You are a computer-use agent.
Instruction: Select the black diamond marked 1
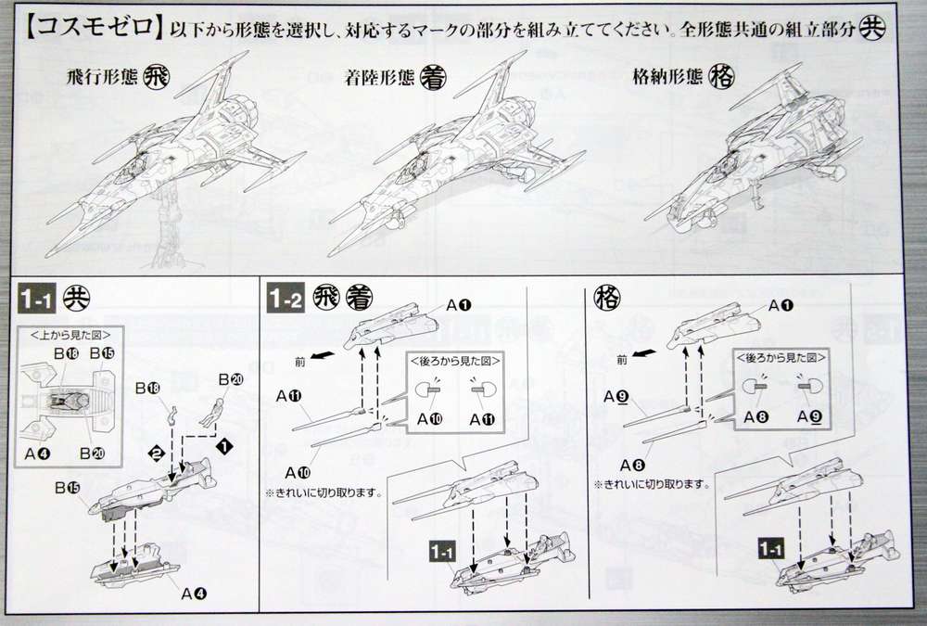click(222, 444)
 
